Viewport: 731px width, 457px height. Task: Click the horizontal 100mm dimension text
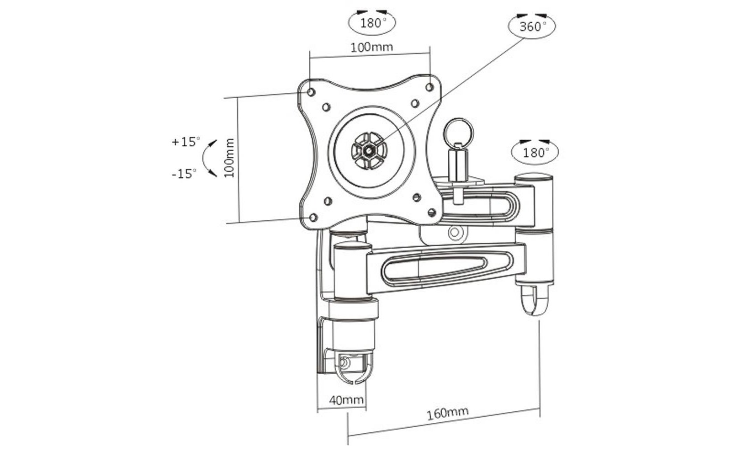click(x=372, y=48)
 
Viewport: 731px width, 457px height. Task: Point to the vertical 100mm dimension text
click(x=230, y=158)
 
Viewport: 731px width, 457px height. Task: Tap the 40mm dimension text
click(x=346, y=400)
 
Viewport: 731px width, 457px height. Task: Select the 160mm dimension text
click(x=448, y=413)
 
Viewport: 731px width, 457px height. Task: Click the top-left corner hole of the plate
click(x=311, y=92)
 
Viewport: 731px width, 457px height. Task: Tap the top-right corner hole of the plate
click(x=430, y=87)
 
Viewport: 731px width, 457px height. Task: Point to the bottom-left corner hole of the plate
click(x=313, y=218)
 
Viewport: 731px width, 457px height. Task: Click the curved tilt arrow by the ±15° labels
click(x=204, y=159)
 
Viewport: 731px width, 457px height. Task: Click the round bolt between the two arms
click(x=454, y=233)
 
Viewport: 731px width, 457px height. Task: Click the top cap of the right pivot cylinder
click(x=534, y=179)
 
